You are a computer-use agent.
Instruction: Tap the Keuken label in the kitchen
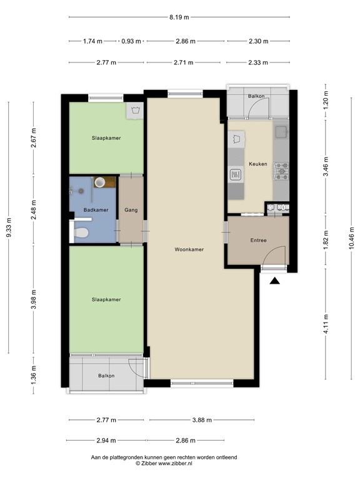pyautogui.click(x=257, y=164)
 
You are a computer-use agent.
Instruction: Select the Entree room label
pyautogui.click(x=258, y=240)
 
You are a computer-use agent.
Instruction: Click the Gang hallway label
pyautogui.click(x=131, y=210)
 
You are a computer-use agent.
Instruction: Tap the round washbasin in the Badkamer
pyautogui.click(x=99, y=182)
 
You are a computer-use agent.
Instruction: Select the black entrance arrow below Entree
pyautogui.click(x=274, y=281)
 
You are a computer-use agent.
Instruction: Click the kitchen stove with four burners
pyautogui.click(x=281, y=169)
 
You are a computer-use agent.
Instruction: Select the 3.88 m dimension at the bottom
pyautogui.click(x=201, y=420)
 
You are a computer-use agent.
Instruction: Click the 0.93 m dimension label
pyautogui.click(x=131, y=41)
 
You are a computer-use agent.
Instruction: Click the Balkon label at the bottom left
pyautogui.click(x=106, y=376)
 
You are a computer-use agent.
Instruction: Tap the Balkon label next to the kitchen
pyautogui.click(x=256, y=96)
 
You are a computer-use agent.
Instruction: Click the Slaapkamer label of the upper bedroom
pyautogui.click(x=106, y=137)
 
